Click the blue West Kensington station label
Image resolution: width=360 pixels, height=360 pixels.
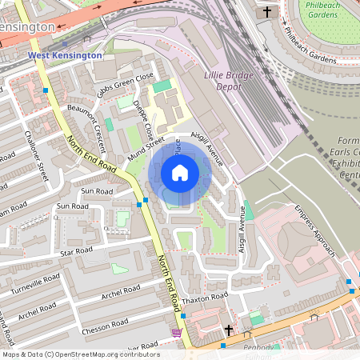[66, 55]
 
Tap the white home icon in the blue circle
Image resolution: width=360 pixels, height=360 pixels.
[180, 173]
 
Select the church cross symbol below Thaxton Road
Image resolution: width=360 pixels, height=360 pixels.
[228, 330]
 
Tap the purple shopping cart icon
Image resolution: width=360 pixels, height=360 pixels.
[176, 332]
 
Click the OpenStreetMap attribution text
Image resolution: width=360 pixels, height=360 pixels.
[80, 354]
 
